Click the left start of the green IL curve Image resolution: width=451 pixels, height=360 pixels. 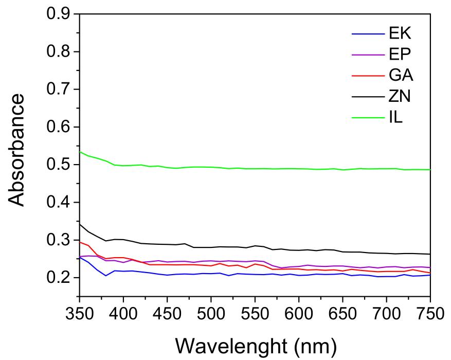click(80, 152)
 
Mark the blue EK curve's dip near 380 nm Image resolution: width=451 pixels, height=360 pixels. click(106, 276)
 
